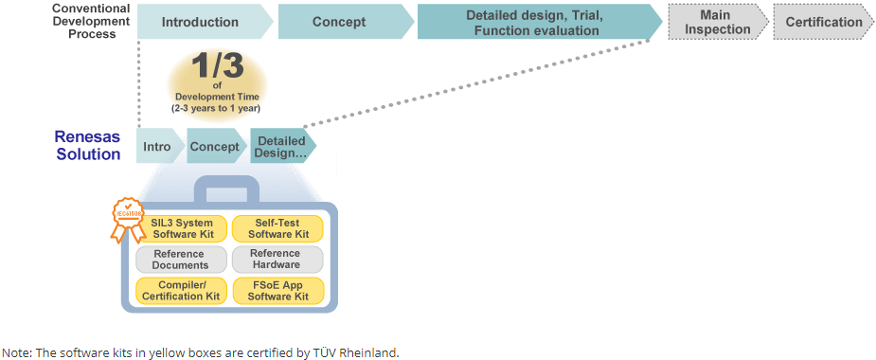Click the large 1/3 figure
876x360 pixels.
[x=217, y=66]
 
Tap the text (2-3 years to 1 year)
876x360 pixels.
[x=216, y=108]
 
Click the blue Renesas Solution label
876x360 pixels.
[x=88, y=145]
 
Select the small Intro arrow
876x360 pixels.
[x=159, y=146]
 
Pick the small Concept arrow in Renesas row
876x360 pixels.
[x=216, y=146]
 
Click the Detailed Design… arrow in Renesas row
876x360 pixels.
[x=283, y=146]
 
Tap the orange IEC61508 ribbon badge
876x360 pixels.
[x=128, y=219]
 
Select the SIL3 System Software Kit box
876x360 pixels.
[x=182, y=228]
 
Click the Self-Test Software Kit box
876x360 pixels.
[x=277, y=228]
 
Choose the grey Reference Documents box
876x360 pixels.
[x=182, y=260]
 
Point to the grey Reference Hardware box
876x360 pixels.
[x=277, y=260]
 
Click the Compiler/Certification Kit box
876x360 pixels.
[x=182, y=291]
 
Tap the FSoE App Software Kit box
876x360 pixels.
[x=277, y=291]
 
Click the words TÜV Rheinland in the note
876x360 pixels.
[x=365, y=352]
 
